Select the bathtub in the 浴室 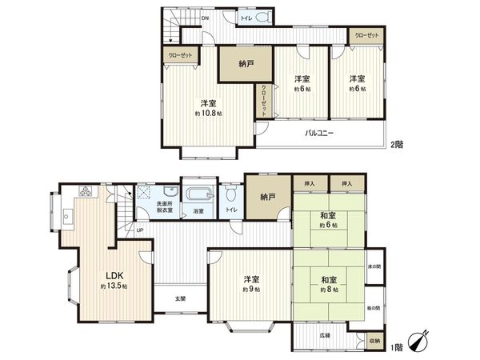point(198,194)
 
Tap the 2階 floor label point(398,145)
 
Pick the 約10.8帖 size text point(208,114)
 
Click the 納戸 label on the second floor point(247,65)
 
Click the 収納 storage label point(375,341)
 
